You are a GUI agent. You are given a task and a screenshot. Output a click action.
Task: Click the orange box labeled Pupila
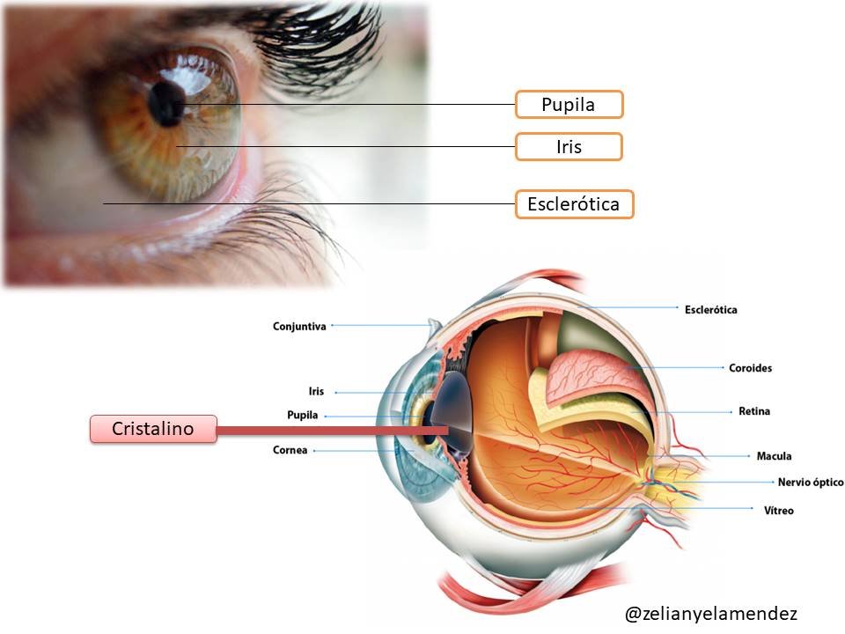569,105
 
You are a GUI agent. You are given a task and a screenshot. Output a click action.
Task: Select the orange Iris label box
569,147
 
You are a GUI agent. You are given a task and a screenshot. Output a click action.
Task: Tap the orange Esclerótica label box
574,204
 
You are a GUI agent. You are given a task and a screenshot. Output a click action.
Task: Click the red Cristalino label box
153,429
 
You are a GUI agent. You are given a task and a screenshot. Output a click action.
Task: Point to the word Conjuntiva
299,326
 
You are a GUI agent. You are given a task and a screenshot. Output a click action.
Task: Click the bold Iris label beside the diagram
316,391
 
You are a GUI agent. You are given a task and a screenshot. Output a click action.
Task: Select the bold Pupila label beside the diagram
302,415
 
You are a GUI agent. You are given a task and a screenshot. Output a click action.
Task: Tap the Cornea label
290,450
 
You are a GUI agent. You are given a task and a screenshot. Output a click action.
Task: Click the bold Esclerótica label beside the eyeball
711,310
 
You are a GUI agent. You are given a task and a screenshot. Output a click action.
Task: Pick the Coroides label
750,368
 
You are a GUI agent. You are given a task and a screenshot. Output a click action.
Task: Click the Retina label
754,411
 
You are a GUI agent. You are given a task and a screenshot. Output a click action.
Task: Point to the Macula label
774,456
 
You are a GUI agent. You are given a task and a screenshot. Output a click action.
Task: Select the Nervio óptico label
811,482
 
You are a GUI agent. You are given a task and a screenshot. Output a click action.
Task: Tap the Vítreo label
779,510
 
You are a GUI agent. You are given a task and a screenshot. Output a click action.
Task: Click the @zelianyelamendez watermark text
711,614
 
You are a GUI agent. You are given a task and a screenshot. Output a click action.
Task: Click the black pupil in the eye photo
166,104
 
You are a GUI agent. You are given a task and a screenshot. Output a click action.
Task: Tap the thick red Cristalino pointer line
333,431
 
